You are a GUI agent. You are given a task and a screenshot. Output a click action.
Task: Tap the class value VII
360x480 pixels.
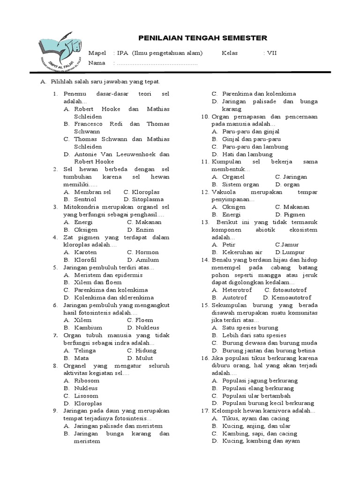click(272, 53)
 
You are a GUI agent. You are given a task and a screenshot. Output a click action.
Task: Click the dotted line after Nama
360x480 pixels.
click(157, 63)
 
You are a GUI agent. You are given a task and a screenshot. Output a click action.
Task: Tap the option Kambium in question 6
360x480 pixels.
click(88, 328)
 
